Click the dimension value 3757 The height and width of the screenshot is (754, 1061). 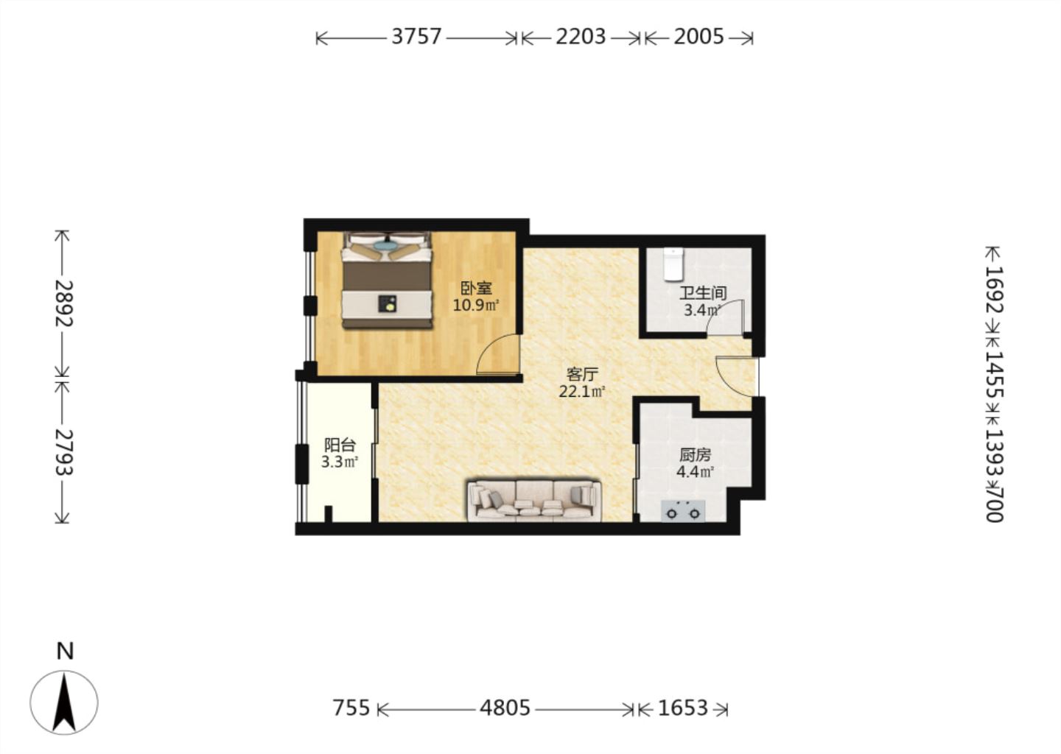pos(416,36)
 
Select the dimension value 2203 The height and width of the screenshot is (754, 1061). pos(581,36)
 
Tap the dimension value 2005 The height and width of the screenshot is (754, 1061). pos(698,36)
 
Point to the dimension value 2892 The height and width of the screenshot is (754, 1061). pos(63,304)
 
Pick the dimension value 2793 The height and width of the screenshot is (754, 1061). pos(63,453)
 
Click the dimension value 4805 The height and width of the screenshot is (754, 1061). pos(505,708)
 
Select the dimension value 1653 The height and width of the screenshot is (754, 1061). pos(683,708)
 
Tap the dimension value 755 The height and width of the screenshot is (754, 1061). pos(351,708)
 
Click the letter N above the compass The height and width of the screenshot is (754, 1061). pos(65,652)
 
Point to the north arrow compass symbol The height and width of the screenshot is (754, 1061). pos(64,702)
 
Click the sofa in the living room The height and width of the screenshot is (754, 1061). pos(534,501)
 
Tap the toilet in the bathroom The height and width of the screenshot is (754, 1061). pos(673,264)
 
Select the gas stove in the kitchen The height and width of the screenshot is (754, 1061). pos(682,511)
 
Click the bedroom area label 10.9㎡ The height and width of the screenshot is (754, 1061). pos(476,306)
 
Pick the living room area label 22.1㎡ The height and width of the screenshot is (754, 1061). pos(582,392)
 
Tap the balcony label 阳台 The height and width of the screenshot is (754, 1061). pos(340,445)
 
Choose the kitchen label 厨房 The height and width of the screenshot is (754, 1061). pos(695,455)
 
